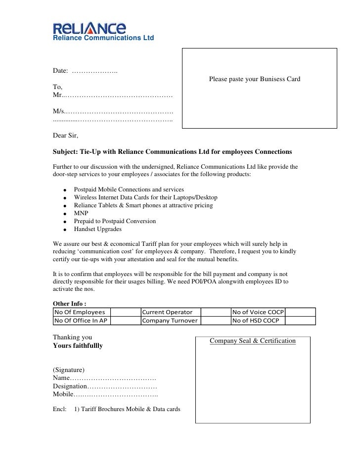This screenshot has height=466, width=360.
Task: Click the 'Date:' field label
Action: tap(60, 71)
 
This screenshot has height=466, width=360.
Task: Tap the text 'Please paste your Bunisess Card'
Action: tap(254, 79)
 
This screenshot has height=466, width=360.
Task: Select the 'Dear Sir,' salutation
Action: tap(65, 135)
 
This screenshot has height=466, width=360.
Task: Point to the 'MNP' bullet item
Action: tap(81, 213)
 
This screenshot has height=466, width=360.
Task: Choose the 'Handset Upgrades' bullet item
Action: tap(97, 229)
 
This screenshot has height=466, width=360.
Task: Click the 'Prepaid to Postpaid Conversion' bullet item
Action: tap(115, 221)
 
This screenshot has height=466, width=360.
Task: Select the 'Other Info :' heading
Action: tap(70, 303)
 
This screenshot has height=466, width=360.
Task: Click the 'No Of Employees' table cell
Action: tap(80, 312)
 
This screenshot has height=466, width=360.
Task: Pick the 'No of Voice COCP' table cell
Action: tap(258, 312)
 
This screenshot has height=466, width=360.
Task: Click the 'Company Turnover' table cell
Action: tap(170, 321)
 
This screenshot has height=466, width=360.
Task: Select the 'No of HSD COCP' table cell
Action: tap(255, 321)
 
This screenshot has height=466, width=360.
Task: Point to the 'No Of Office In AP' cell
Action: tap(81, 321)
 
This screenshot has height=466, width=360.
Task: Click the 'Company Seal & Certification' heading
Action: tap(253, 341)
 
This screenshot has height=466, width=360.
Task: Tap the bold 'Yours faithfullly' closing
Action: tap(78, 346)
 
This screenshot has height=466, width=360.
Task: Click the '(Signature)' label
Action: tap(69, 370)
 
